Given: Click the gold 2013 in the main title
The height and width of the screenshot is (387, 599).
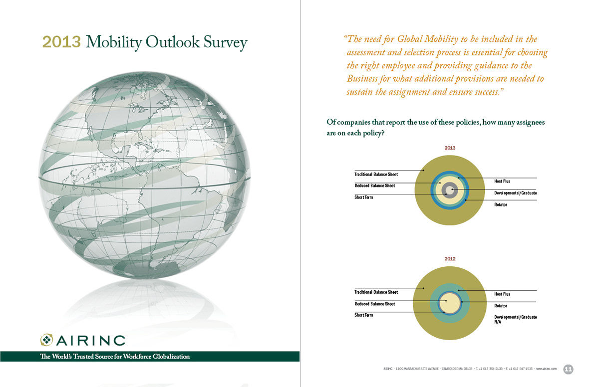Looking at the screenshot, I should point(61,42).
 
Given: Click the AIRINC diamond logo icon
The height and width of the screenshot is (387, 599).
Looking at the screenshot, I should point(47,340).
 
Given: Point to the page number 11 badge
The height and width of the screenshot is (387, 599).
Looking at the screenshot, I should point(568,369).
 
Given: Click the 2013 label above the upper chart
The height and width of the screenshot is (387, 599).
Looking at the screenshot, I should point(450,148).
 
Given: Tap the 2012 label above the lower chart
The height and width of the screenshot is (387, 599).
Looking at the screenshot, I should point(450,259).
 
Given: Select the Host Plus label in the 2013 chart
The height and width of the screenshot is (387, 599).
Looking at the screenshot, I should point(502,181).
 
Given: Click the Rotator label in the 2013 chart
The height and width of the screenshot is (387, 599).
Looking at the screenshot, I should point(501,204).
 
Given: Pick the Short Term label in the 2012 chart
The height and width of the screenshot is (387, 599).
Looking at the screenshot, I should point(363,315).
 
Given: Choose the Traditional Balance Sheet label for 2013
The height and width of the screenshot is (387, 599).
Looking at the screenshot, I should point(376,175).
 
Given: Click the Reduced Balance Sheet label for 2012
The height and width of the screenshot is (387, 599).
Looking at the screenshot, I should point(374,304).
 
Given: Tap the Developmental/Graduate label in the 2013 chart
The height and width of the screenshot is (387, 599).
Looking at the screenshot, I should point(516,193).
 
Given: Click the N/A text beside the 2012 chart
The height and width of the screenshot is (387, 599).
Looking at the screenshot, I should point(498,322).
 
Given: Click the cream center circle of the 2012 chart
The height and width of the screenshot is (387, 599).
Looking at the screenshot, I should point(450,303).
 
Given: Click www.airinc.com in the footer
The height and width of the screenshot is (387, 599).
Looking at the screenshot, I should point(546,369).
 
